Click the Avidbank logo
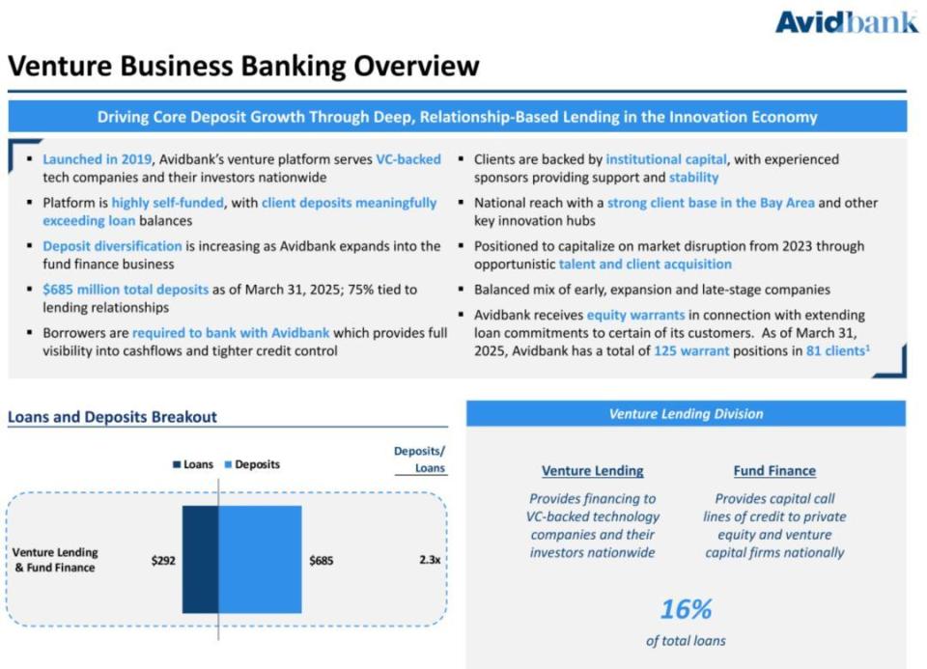(846, 21)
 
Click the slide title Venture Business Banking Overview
(243, 66)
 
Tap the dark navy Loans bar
(200, 559)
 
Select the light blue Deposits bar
(260, 559)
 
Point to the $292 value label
(163, 560)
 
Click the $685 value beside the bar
(322, 560)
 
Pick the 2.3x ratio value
(429, 560)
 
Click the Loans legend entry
(193, 464)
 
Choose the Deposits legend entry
(251, 464)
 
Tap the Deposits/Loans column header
(419, 460)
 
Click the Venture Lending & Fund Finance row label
(55, 560)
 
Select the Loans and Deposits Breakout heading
(112, 417)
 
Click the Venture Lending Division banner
(686, 413)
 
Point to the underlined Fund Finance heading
(774, 471)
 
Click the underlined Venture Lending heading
(592, 471)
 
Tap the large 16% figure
(686, 609)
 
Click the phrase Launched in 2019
(97, 159)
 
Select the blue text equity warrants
(635, 315)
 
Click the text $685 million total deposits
(126, 290)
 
